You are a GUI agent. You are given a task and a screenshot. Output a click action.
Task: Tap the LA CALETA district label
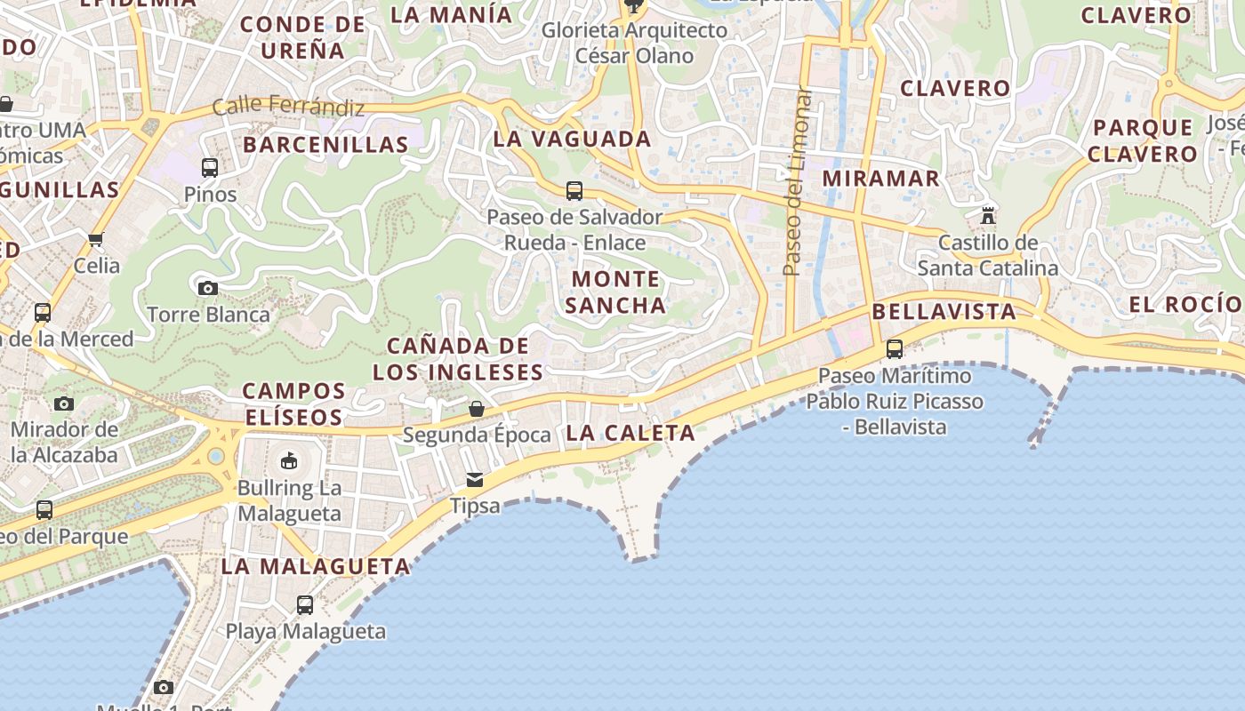[x=631, y=433]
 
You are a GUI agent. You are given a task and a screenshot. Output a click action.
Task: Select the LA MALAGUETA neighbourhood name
[x=316, y=566]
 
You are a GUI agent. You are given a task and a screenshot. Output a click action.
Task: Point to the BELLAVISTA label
[x=944, y=311]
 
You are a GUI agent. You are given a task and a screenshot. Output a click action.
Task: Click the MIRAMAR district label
[x=880, y=178]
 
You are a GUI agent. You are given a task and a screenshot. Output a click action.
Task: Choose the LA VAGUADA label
[x=572, y=139]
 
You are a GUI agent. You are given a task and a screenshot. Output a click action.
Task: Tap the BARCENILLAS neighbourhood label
[x=325, y=144]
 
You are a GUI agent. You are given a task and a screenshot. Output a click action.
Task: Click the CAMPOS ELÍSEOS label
[x=293, y=403]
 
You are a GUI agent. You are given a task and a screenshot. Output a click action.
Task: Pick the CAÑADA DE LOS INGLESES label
[x=458, y=359]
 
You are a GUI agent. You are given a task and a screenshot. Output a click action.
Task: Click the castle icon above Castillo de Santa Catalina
[x=987, y=215]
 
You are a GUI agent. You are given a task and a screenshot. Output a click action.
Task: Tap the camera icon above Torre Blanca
[x=208, y=288]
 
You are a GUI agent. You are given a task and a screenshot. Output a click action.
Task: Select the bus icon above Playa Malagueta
[x=305, y=605]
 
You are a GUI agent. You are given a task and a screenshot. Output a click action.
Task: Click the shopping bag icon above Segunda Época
[x=477, y=409]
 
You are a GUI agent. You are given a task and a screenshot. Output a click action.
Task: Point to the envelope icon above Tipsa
[x=475, y=480]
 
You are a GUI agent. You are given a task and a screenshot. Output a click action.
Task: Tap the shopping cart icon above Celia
[x=96, y=239]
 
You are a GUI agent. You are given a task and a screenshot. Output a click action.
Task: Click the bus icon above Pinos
[x=210, y=167]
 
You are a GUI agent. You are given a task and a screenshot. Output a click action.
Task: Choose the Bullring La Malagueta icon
[x=289, y=460]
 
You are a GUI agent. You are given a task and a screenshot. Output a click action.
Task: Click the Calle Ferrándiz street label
[x=288, y=107]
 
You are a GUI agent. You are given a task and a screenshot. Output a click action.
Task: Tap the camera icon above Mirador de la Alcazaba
[x=63, y=403]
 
